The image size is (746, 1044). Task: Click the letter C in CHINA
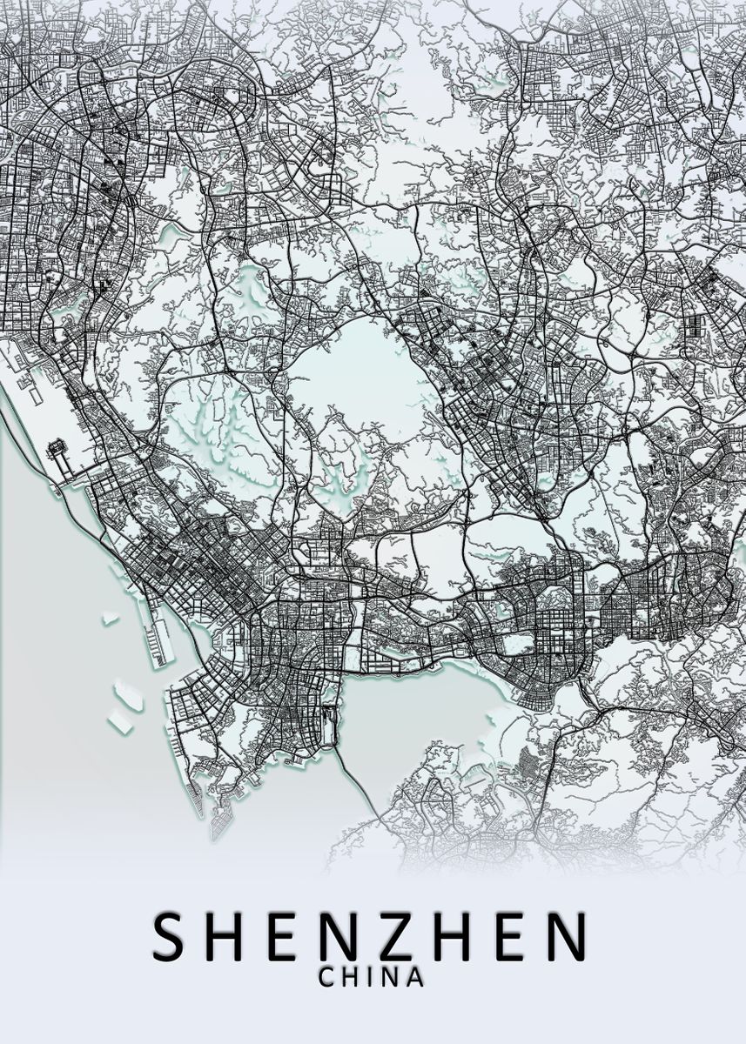point(327,977)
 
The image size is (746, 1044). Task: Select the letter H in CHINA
point(351,977)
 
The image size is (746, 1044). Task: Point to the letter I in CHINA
point(369,977)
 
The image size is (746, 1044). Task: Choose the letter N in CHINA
point(389,977)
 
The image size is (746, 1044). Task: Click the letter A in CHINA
point(415,977)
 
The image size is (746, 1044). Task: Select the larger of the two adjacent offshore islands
point(129,694)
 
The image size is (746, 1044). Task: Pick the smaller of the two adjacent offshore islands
point(118,721)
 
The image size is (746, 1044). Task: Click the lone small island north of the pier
point(111,619)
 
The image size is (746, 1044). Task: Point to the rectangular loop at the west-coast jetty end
point(58,450)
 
